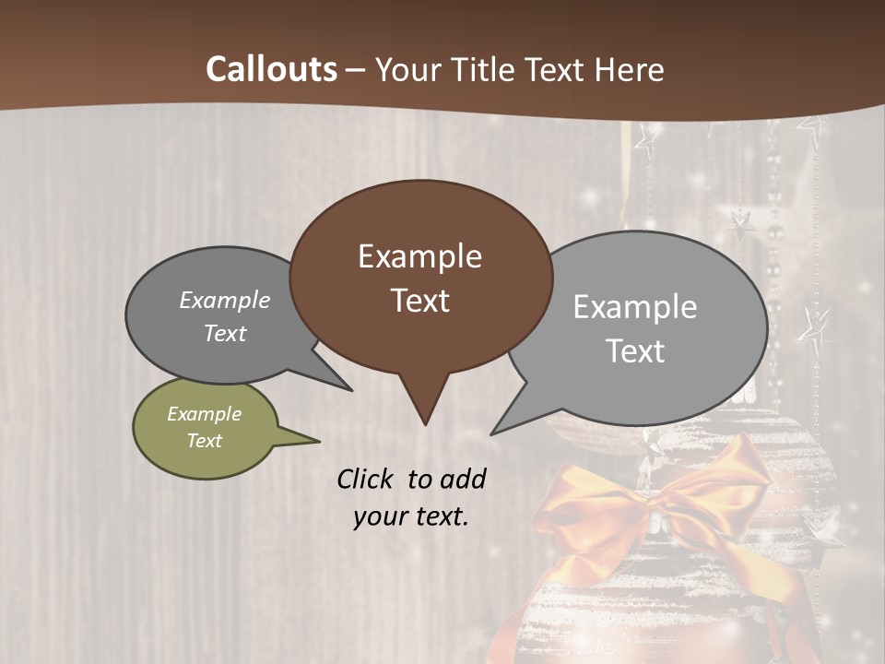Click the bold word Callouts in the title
[x=272, y=69]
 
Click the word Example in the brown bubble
[x=419, y=256]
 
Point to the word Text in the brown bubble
[x=419, y=301]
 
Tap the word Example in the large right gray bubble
[x=635, y=307]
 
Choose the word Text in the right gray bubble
[x=635, y=351]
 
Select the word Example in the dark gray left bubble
[x=225, y=301]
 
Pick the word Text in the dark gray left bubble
[x=225, y=334]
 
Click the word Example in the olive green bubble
[x=205, y=414]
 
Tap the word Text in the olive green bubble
[x=205, y=441]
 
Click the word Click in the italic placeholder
[x=366, y=479]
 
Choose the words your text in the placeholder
[x=411, y=517]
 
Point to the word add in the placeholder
[x=463, y=479]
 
